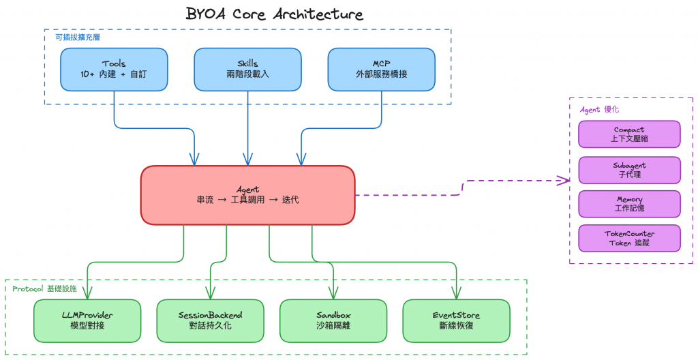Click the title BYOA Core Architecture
pos(275,14)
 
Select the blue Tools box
pos(114,69)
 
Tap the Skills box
pos(247,69)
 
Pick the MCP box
pos(381,69)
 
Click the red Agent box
pos(247,195)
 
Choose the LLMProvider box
pos(87,320)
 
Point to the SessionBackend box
pos(210,320)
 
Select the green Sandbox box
pos(333,320)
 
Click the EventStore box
pos(456,320)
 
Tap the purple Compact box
pos(629,134)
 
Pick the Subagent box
pos(629,170)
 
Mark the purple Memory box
pos(629,204)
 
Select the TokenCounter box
pos(629,238)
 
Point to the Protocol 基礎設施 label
pos(44,288)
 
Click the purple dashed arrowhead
pos(564,180)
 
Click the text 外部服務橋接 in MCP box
pos(381,74)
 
